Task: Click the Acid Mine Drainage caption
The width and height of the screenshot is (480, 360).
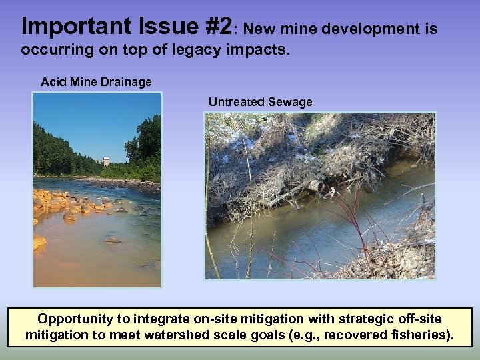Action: pos(96,83)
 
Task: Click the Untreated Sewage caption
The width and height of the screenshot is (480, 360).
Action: pos(260,102)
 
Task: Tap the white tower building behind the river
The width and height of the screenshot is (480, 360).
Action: pos(106,162)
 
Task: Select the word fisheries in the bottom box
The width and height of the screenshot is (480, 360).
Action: pos(421,335)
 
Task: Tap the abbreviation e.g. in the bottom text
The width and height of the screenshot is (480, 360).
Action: pos(315,335)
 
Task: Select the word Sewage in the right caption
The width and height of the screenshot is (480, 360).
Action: pos(289,102)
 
